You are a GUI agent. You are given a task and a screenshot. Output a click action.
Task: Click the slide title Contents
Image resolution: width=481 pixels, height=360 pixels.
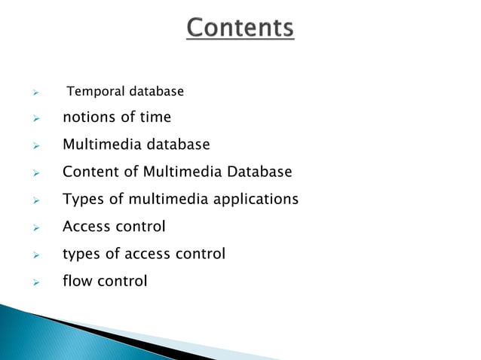[x=240, y=29]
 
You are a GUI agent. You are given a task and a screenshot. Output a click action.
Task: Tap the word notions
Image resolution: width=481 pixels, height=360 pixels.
[x=86, y=117]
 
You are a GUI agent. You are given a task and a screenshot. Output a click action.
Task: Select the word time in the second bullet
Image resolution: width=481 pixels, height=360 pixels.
[x=156, y=117]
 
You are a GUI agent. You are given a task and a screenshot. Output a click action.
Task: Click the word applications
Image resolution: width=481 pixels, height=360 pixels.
[x=258, y=200]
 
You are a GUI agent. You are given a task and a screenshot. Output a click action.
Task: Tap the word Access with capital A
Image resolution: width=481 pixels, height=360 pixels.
[x=87, y=227]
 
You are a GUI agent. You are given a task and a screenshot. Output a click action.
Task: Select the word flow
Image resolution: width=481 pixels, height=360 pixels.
[x=76, y=282]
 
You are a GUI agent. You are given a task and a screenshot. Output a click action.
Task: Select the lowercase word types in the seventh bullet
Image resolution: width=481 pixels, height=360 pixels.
[x=81, y=255]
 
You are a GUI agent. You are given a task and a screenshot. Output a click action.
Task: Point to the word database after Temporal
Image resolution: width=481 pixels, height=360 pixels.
[x=156, y=92]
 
